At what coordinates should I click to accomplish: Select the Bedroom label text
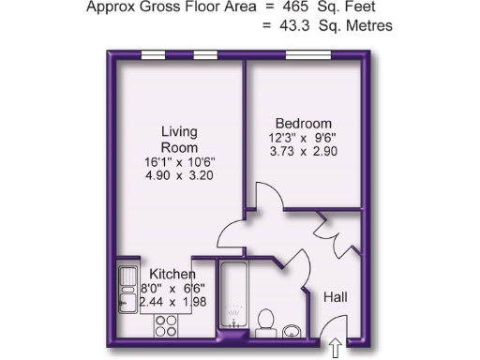click(x=303, y=124)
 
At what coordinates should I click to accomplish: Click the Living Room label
click(x=178, y=140)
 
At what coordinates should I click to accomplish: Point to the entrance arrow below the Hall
click(x=335, y=350)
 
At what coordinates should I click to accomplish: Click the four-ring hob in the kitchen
click(x=167, y=326)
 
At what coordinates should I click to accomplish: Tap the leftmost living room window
click(x=153, y=58)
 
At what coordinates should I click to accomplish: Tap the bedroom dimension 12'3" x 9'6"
click(x=303, y=138)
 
